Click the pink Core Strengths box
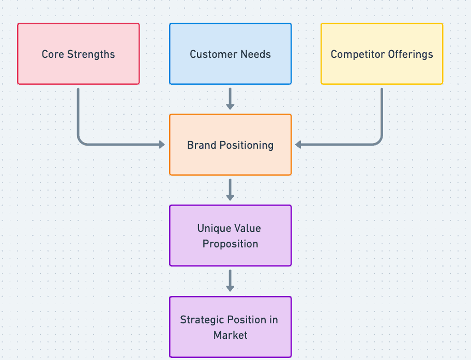point(78,54)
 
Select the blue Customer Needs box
point(230,54)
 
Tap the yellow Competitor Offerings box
point(382,54)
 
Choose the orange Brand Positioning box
point(230,145)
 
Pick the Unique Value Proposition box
point(230,236)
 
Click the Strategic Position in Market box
point(230,327)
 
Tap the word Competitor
point(355,54)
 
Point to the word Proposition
point(230,244)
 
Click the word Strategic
point(203,320)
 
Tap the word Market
point(230,335)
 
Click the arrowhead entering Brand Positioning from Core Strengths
point(162,145)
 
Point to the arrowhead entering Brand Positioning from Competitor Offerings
point(299,145)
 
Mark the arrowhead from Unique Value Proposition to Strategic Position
point(230,288)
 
